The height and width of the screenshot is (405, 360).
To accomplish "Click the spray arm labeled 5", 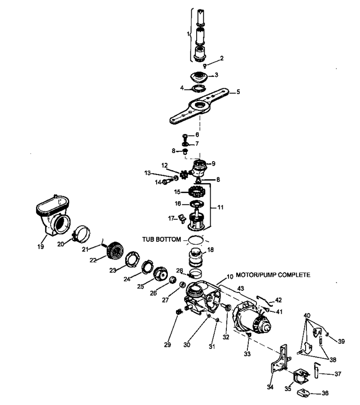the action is pyautogui.click(x=199, y=106).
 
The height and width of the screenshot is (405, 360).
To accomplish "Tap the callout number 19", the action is pyautogui.click(x=40, y=247).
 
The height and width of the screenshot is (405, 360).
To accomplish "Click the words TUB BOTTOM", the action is pyautogui.click(x=162, y=239).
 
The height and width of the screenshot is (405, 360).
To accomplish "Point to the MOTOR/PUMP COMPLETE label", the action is pyautogui.click(x=273, y=275).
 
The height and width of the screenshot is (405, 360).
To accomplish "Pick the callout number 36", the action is pyautogui.click(x=325, y=393).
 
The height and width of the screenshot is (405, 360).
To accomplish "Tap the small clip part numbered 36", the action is pyautogui.click(x=304, y=392).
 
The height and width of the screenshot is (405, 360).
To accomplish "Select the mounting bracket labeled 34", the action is pyautogui.click(x=281, y=359).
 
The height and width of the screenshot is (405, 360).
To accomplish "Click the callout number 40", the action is pyautogui.click(x=307, y=315).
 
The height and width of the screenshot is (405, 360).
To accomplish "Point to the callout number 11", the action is pyautogui.click(x=220, y=207).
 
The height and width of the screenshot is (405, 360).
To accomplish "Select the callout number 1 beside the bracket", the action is pyautogui.click(x=188, y=34).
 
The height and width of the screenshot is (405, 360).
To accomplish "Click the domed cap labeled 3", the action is pyautogui.click(x=199, y=77).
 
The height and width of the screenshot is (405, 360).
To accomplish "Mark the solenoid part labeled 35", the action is pyautogui.click(x=301, y=378).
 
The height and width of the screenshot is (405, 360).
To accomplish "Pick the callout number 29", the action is pyautogui.click(x=167, y=345).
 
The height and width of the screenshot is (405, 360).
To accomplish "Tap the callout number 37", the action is pyautogui.click(x=338, y=374).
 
